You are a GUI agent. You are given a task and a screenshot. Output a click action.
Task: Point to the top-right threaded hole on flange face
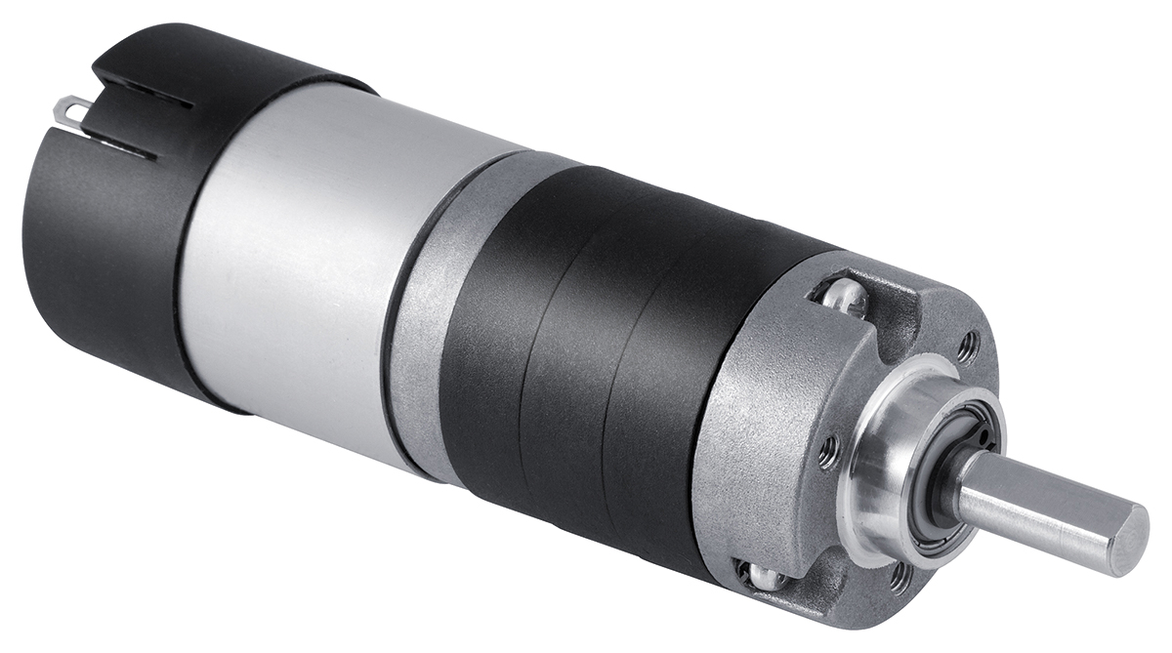(x=967, y=345)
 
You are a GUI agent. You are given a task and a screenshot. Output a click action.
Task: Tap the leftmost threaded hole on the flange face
(x=828, y=449)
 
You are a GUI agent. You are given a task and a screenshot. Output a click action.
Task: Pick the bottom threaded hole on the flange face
(x=898, y=577)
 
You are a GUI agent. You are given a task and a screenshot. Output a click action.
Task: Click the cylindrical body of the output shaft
(x=1035, y=503)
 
